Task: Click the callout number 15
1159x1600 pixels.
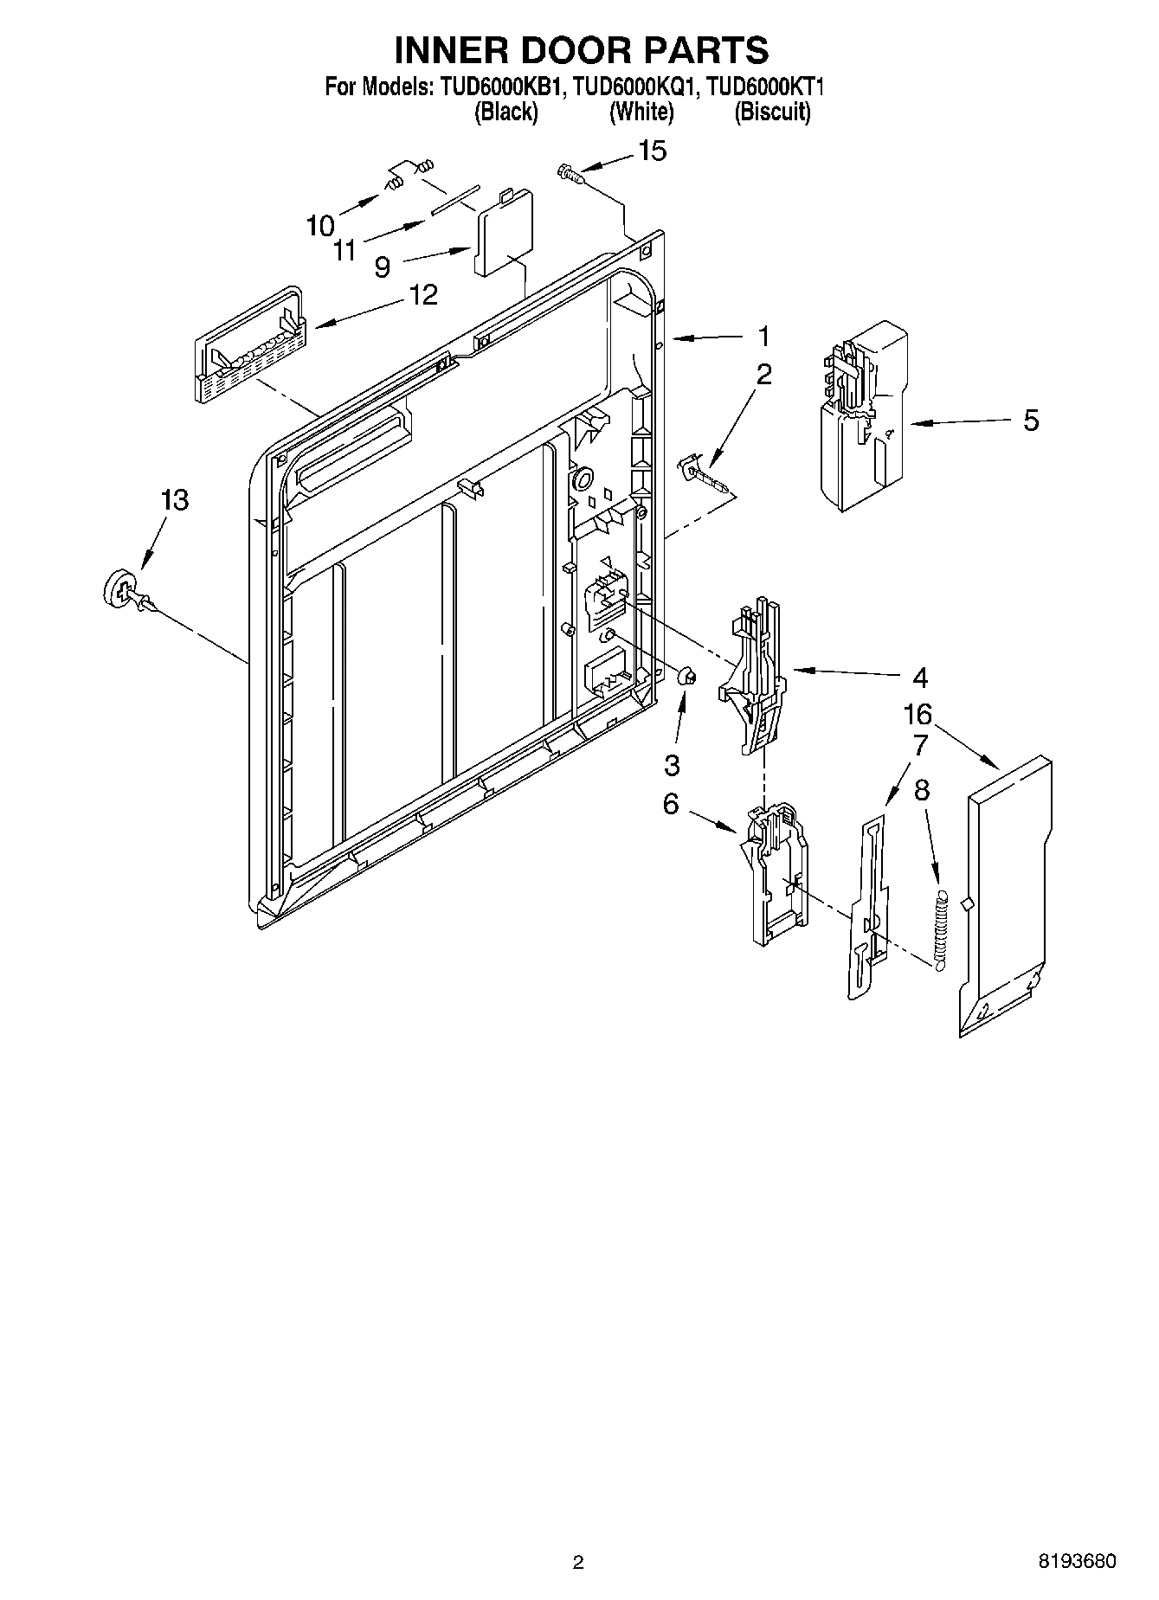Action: point(653,151)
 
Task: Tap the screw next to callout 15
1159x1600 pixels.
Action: point(569,174)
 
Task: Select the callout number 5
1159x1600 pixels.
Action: point(1031,421)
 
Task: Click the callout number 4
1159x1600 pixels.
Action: point(919,677)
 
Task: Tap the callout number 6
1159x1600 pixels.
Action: point(672,804)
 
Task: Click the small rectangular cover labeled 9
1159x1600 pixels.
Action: point(503,234)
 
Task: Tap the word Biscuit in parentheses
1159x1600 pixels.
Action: point(772,112)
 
